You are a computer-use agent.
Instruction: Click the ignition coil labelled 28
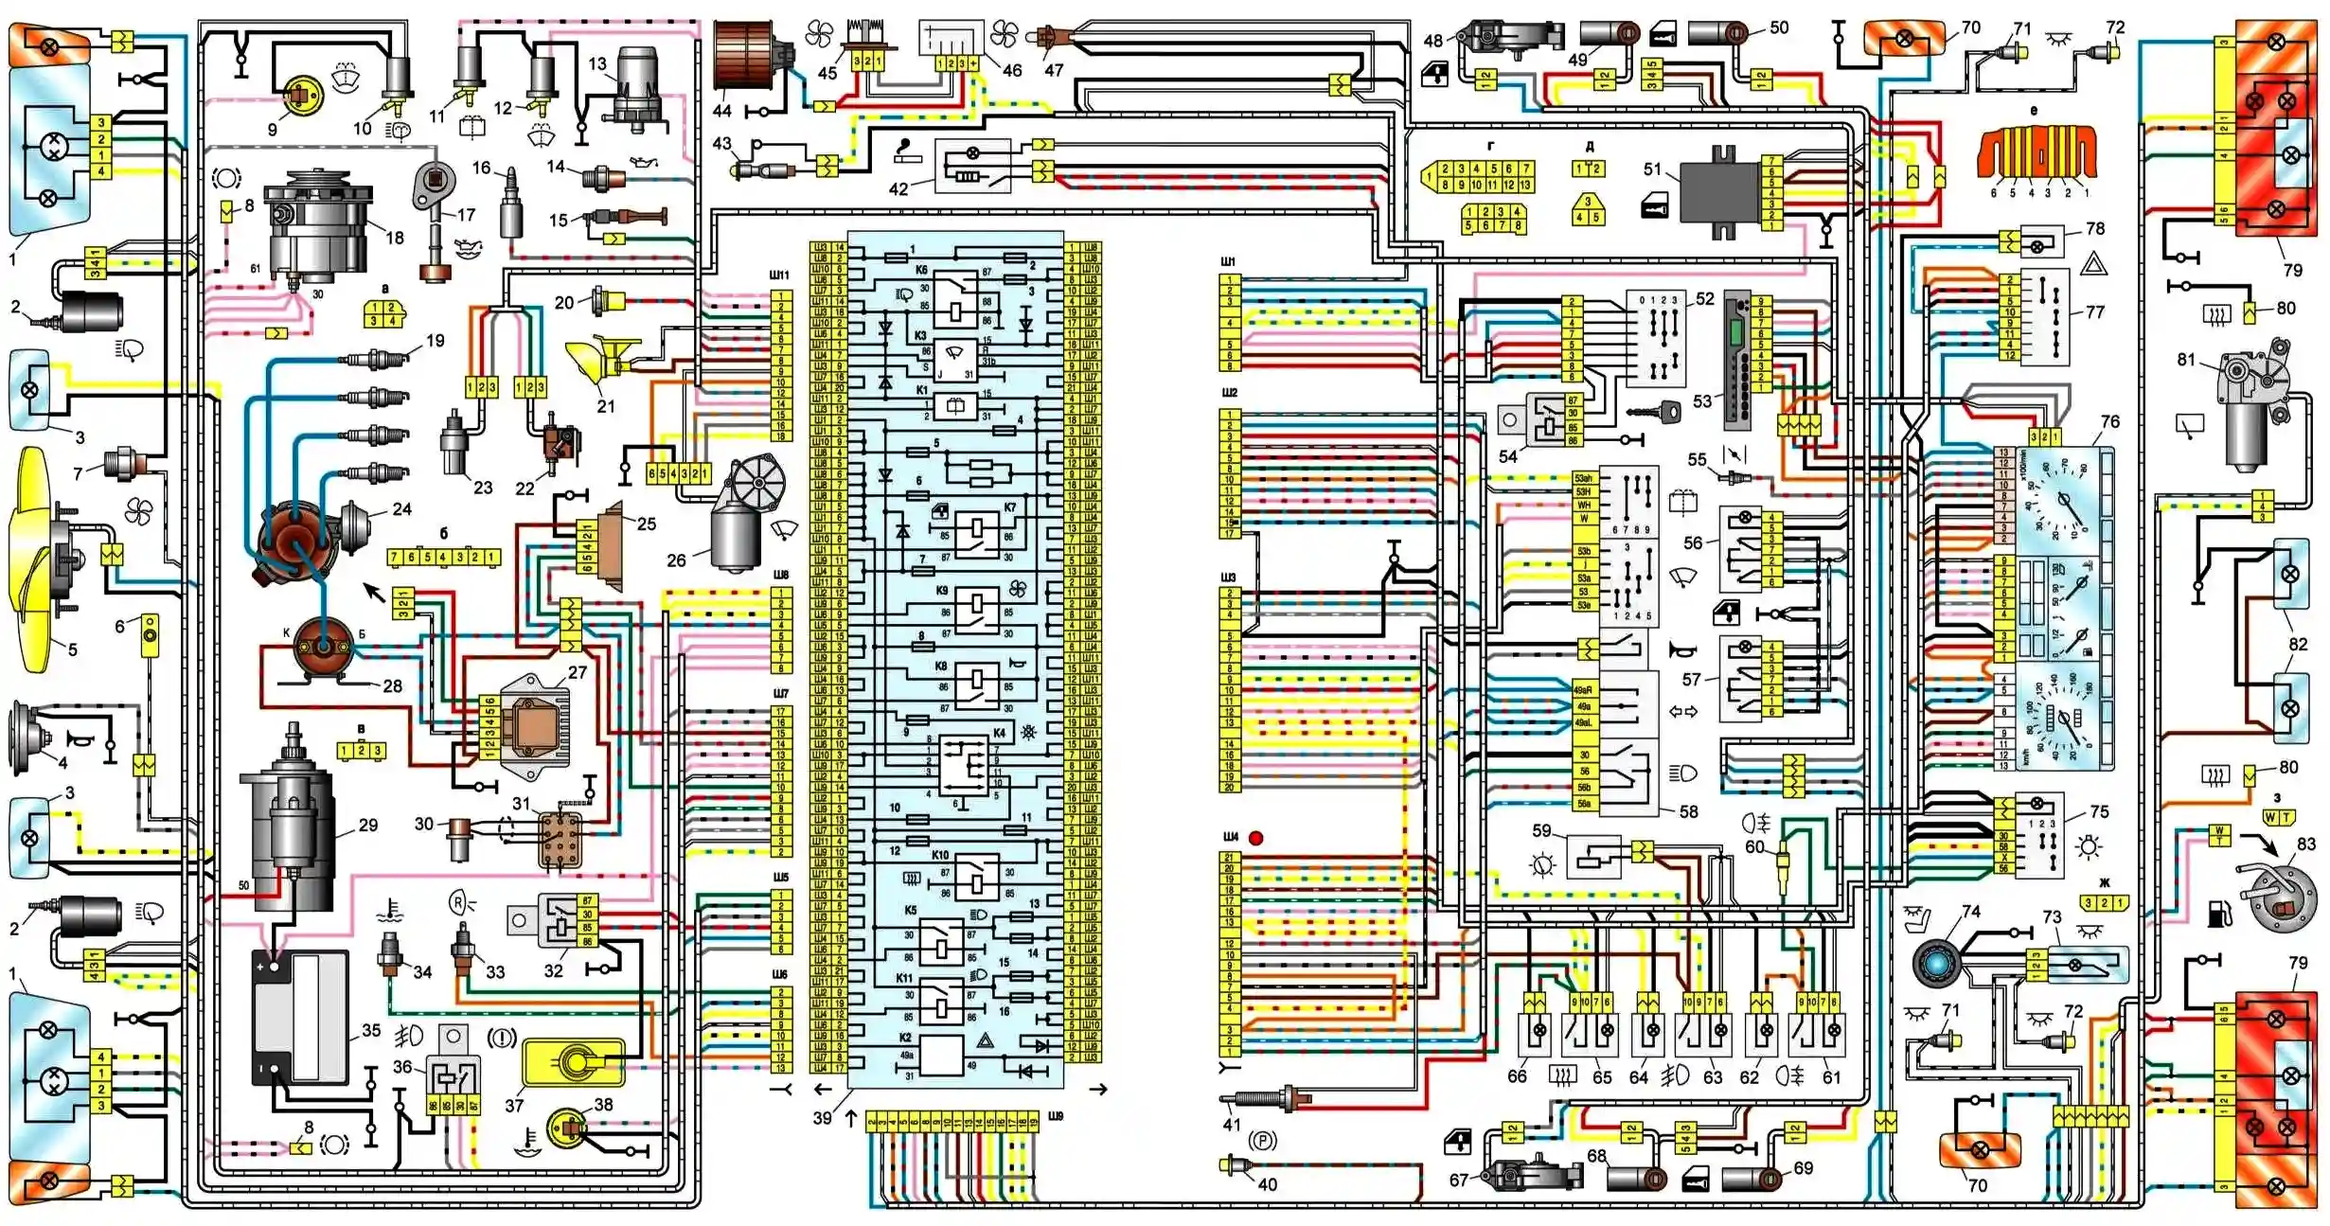[323, 649]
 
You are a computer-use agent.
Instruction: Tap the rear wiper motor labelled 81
[2258, 407]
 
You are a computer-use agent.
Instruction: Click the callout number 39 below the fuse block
[822, 1118]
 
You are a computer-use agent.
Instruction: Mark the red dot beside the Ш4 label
[1255, 838]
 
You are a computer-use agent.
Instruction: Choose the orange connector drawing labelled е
[2037, 152]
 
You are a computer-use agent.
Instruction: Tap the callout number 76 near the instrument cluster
[2110, 422]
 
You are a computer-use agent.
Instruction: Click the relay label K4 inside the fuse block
[1000, 733]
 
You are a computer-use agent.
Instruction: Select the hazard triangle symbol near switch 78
[2093, 264]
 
